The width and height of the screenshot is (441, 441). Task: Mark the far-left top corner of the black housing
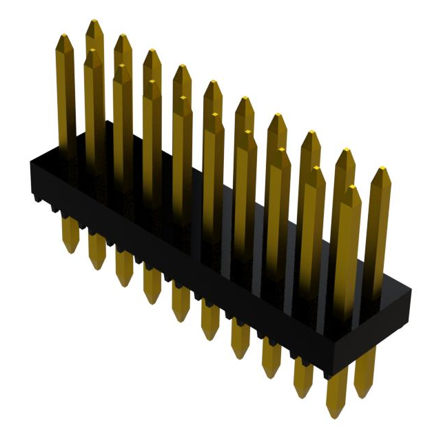pos(30,163)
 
